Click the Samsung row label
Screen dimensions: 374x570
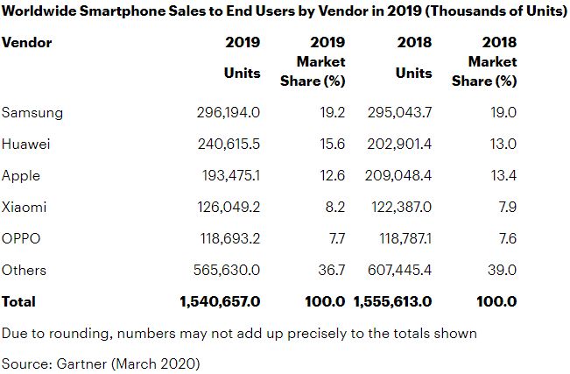point(32,113)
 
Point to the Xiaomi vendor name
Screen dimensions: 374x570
point(25,208)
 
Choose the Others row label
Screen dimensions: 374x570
point(25,270)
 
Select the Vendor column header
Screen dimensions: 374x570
point(27,42)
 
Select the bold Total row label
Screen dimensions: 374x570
point(19,301)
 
